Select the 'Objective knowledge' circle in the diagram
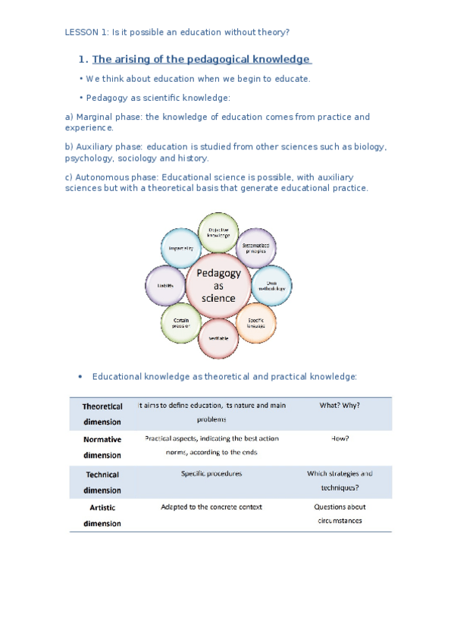[218, 231]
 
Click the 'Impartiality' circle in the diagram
[180, 247]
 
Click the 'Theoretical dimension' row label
[102, 414]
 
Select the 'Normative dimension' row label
[102, 447]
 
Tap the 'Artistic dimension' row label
[102, 515]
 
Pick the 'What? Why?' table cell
[340, 406]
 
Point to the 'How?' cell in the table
[340, 439]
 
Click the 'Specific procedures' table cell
[211, 474]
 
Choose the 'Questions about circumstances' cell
[340, 514]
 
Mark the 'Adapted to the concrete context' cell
[211, 507]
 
